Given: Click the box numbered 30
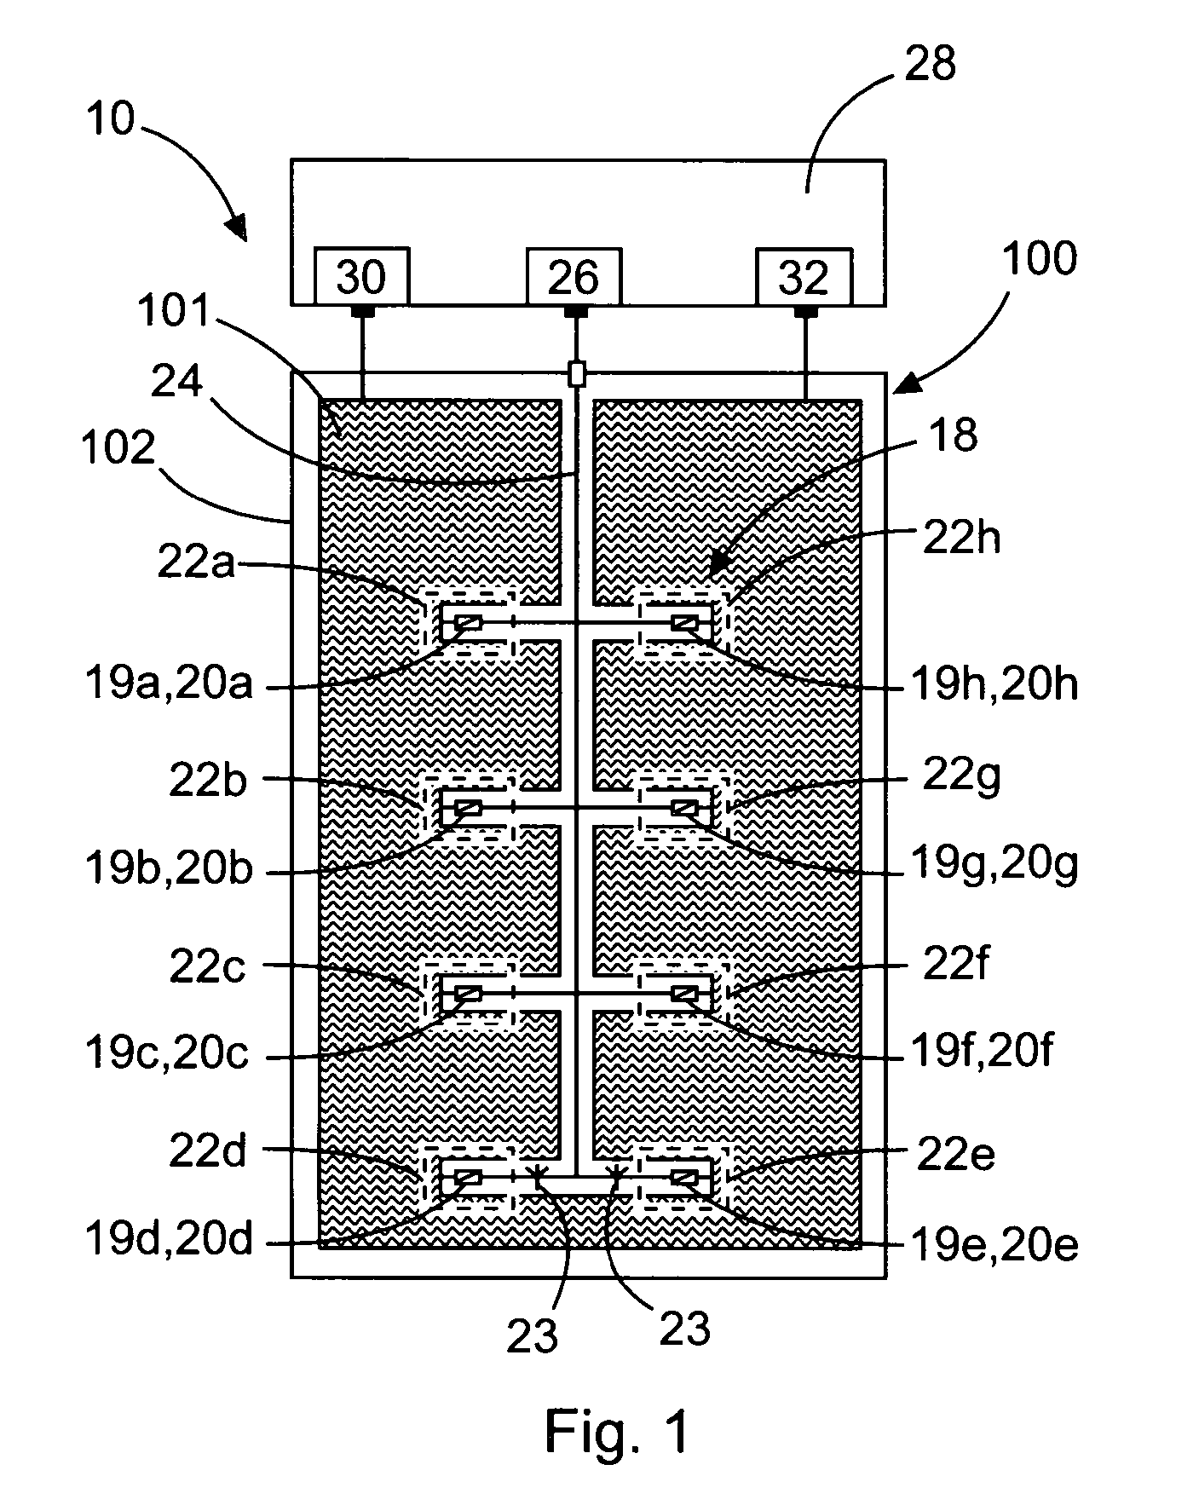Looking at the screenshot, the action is click(x=361, y=276).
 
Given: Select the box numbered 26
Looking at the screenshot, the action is click(x=574, y=276).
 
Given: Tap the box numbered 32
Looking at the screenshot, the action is click(x=804, y=276).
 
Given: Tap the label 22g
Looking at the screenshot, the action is click(x=961, y=777).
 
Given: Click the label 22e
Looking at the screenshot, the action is click(x=955, y=1155).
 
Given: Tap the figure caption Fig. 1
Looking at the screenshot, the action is click(x=616, y=1430).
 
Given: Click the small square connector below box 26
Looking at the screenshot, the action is click(x=577, y=373).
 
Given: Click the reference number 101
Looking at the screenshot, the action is click(x=173, y=312).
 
